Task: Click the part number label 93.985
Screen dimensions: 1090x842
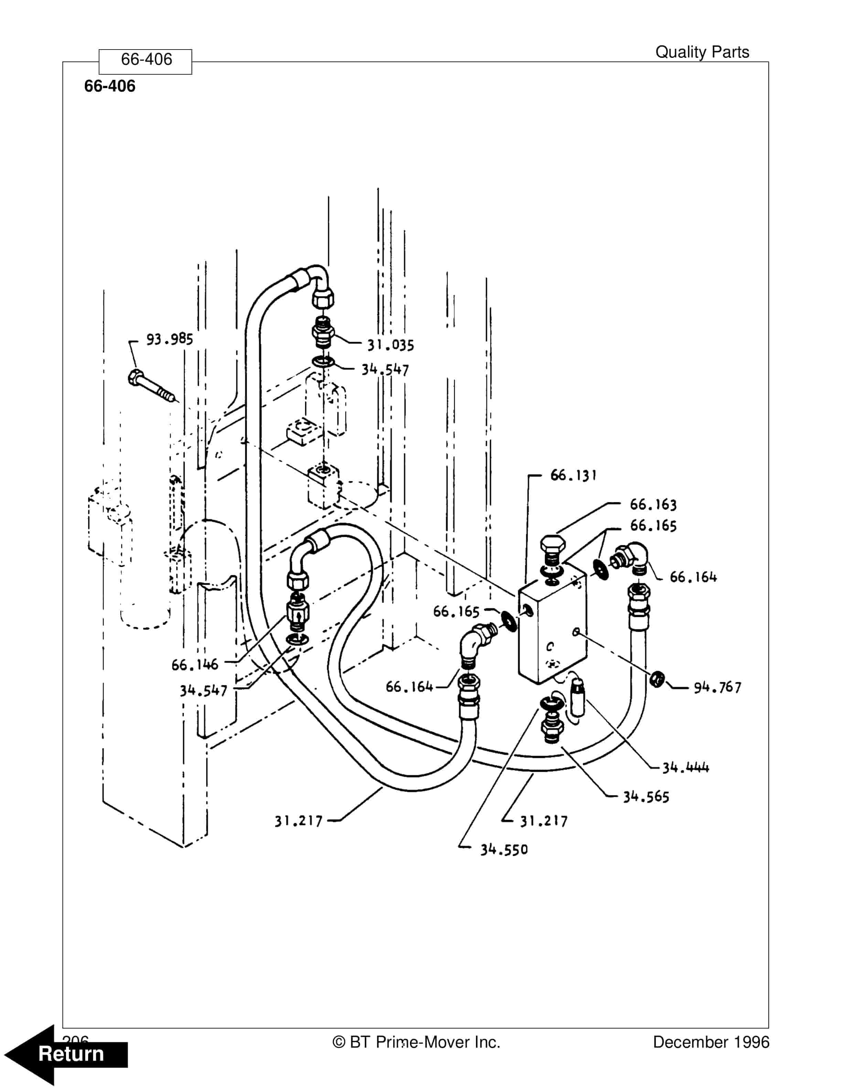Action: click(169, 339)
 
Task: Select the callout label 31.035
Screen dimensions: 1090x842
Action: click(391, 345)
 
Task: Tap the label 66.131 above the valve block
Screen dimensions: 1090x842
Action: click(573, 475)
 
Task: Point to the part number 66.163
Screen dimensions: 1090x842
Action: click(653, 505)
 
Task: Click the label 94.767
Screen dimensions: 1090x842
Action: click(717, 688)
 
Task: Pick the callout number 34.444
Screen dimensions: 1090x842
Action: click(686, 768)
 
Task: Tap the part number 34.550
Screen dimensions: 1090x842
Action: click(504, 850)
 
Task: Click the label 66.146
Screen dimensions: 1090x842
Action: click(195, 665)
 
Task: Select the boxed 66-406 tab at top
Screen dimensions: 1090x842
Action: click(145, 60)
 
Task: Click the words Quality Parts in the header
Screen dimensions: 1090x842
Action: click(702, 52)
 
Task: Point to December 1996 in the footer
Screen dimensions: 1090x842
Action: click(711, 1042)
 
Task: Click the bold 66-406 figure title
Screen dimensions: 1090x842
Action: click(110, 86)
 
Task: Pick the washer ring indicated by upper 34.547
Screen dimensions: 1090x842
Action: click(323, 361)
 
